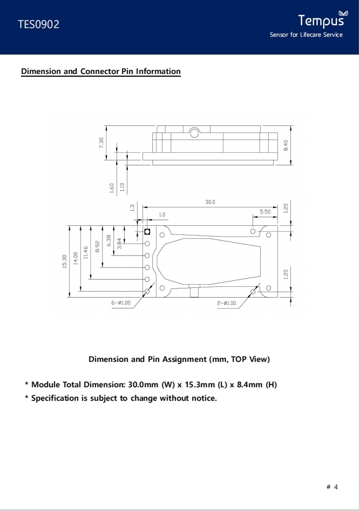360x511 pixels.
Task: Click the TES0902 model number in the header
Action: click(38, 24)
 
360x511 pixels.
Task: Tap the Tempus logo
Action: click(323, 19)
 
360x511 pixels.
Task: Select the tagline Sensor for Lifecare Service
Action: click(306, 35)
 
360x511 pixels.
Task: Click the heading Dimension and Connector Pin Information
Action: click(101, 71)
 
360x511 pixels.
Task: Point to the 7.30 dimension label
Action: click(101, 143)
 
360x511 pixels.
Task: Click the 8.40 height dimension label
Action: click(286, 145)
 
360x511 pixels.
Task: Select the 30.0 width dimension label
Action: click(210, 202)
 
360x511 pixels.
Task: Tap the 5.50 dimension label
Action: click(265, 212)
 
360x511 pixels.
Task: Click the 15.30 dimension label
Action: click(64, 261)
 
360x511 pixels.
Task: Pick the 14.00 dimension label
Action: click(76, 258)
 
